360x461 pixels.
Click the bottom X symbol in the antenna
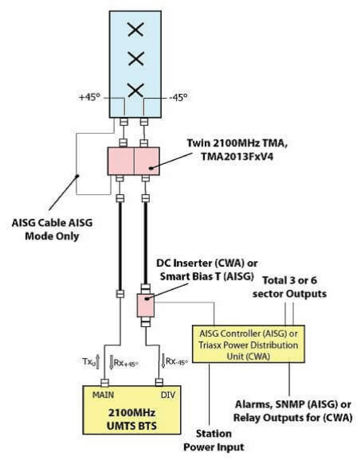(x=136, y=90)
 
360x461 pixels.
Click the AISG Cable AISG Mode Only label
(x=52, y=230)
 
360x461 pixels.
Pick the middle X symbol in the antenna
(x=136, y=60)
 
